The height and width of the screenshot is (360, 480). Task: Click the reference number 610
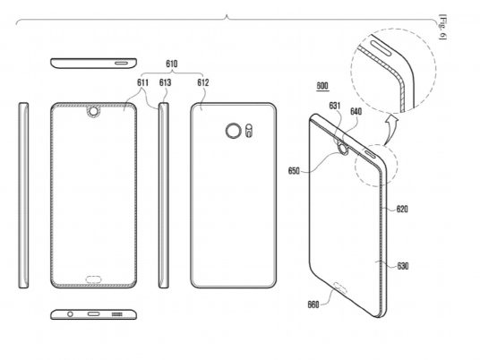171,64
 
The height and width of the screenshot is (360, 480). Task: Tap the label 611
142,82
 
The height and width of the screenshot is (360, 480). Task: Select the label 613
165,82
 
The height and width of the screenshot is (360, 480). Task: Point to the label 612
203,82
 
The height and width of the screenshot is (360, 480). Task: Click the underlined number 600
322,86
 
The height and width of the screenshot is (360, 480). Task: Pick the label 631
335,106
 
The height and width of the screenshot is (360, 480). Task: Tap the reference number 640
356,111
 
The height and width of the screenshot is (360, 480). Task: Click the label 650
294,170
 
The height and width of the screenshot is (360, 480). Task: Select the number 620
402,209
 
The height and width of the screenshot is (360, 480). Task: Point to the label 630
403,266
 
